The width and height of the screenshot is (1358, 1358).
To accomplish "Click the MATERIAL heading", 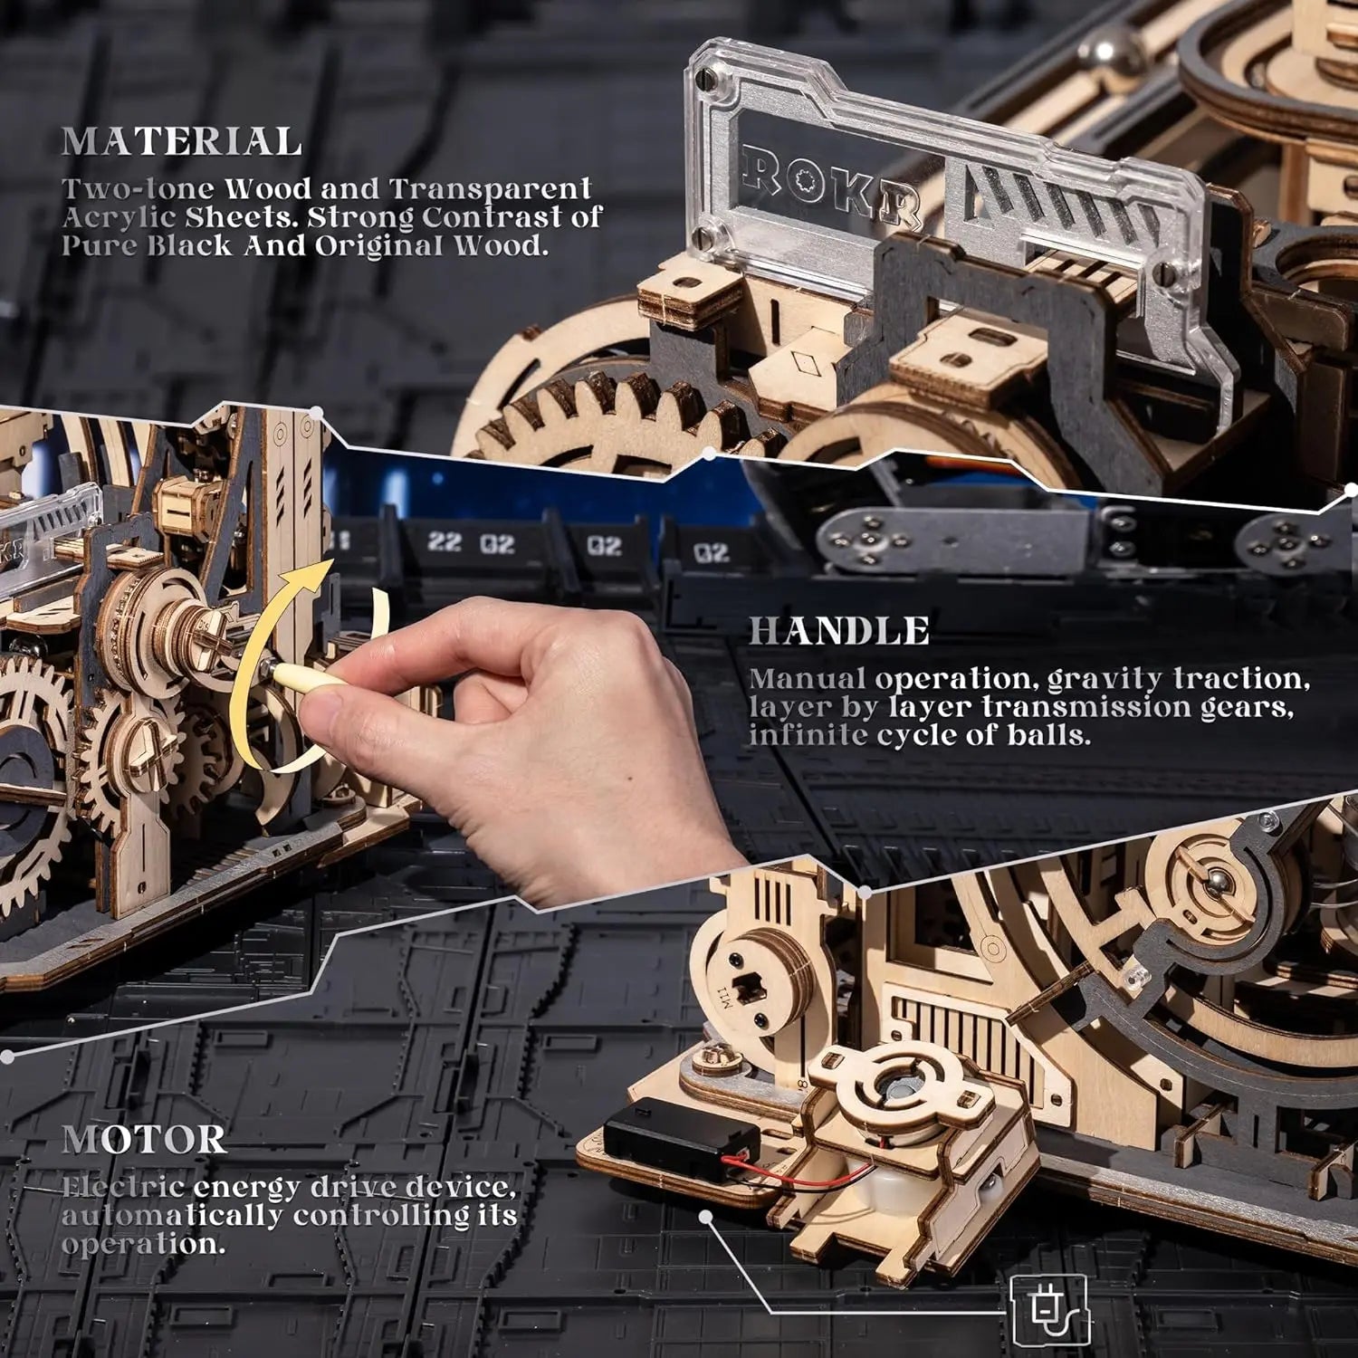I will [x=181, y=142].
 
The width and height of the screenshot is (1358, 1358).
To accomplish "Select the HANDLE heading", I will [x=838, y=631].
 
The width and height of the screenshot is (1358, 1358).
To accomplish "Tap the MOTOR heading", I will [x=143, y=1139].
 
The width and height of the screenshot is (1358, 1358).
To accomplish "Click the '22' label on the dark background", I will [x=444, y=543].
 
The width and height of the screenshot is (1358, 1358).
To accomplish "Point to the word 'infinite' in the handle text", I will [x=808, y=734].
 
